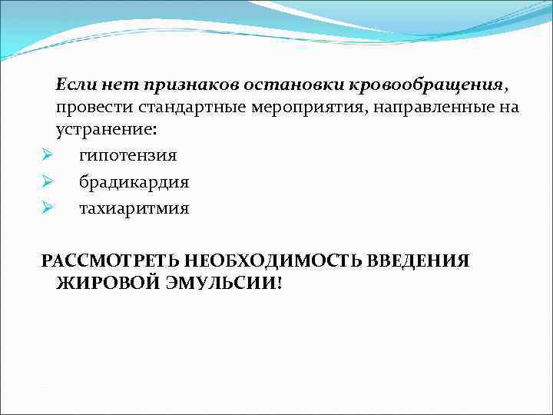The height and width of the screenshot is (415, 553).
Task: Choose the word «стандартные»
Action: pos(190,106)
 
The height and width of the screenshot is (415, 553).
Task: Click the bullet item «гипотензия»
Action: pos(127,156)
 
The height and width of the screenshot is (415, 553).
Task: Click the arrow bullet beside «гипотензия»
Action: pos(47,156)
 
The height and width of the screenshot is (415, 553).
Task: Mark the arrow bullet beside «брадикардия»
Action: pos(47,183)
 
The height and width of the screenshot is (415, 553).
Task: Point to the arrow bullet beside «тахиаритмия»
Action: pos(47,208)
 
